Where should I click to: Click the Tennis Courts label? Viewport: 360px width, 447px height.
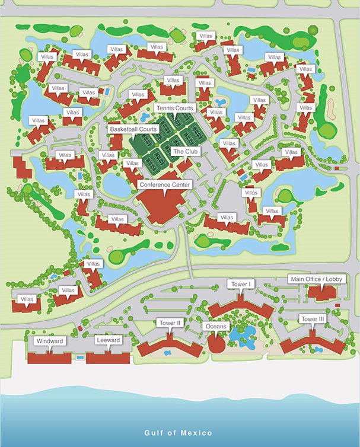click(176, 108)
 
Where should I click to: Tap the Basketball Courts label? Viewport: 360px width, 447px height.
click(133, 129)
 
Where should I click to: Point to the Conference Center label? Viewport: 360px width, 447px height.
click(165, 185)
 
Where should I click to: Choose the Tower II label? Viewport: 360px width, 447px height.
click(170, 323)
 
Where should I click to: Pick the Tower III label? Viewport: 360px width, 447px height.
click(312, 319)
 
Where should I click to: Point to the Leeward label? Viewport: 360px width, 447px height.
click(109, 340)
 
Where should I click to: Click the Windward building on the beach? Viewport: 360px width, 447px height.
click(50, 357)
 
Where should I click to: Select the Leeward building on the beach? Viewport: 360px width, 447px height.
click(107, 357)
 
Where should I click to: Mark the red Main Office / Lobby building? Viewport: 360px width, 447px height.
click(323, 293)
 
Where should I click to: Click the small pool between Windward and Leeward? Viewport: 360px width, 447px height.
click(79, 357)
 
